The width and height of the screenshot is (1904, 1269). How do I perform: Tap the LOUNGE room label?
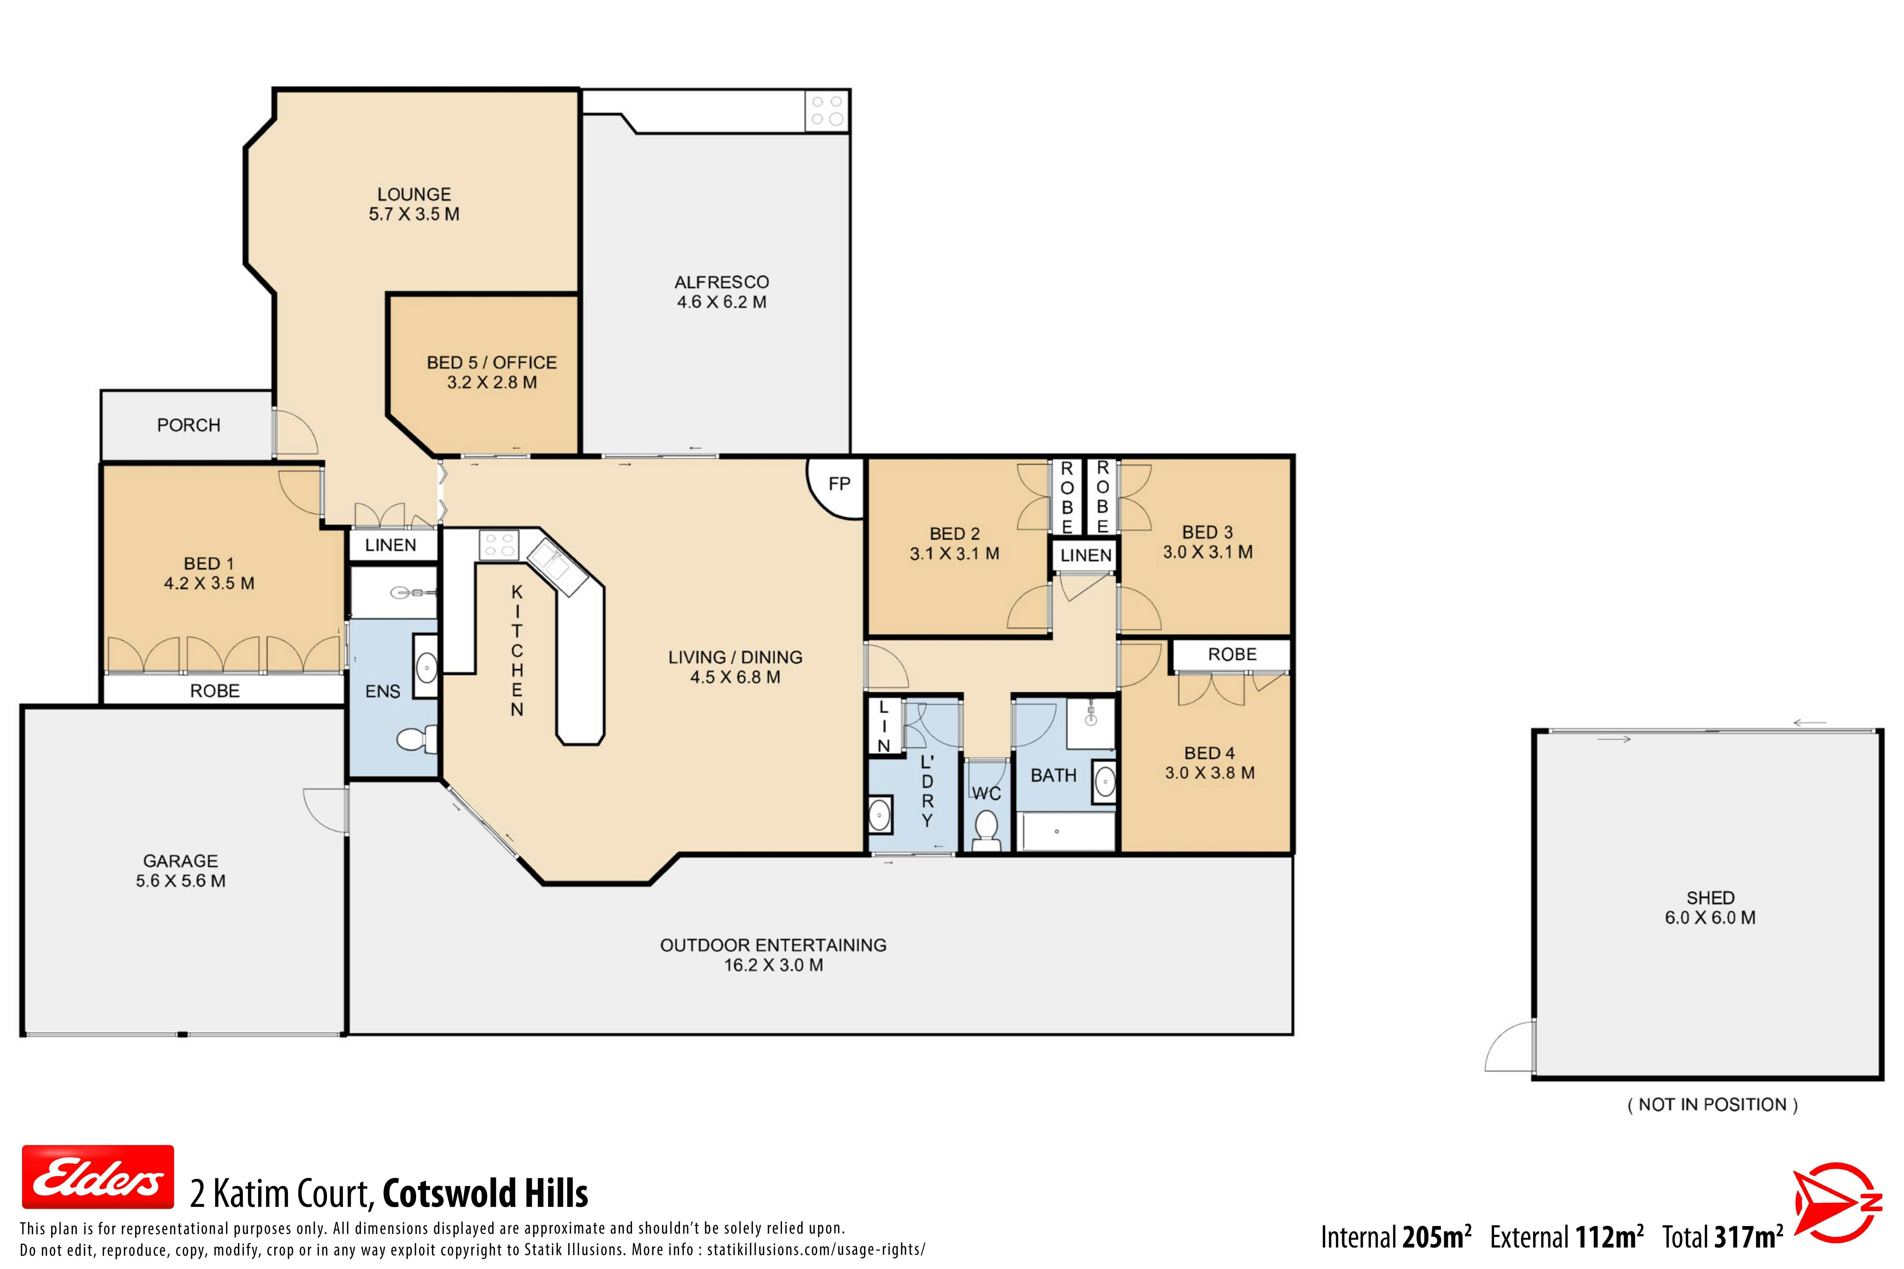pyautogui.click(x=414, y=194)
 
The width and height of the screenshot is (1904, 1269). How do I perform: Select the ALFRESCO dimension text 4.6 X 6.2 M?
pyautogui.click(x=721, y=302)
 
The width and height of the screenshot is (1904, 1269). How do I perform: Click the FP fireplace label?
pyautogui.click(x=840, y=484)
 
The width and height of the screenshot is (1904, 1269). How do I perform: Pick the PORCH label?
pyautogui.click(x=189, y=425)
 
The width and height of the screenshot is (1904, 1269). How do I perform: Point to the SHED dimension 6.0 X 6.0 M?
pyautogui.click(x=1710, y=918)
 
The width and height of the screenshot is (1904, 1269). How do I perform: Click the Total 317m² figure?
pyautogui.click(x=1723, y=1237)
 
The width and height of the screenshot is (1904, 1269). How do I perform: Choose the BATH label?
pyautogui.click(x=1053, y=775)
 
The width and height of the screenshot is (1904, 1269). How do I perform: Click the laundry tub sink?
pyautogui.click(x=880, y=815)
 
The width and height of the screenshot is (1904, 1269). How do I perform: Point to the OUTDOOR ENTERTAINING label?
pyautogui.click(x=773, y=945)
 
